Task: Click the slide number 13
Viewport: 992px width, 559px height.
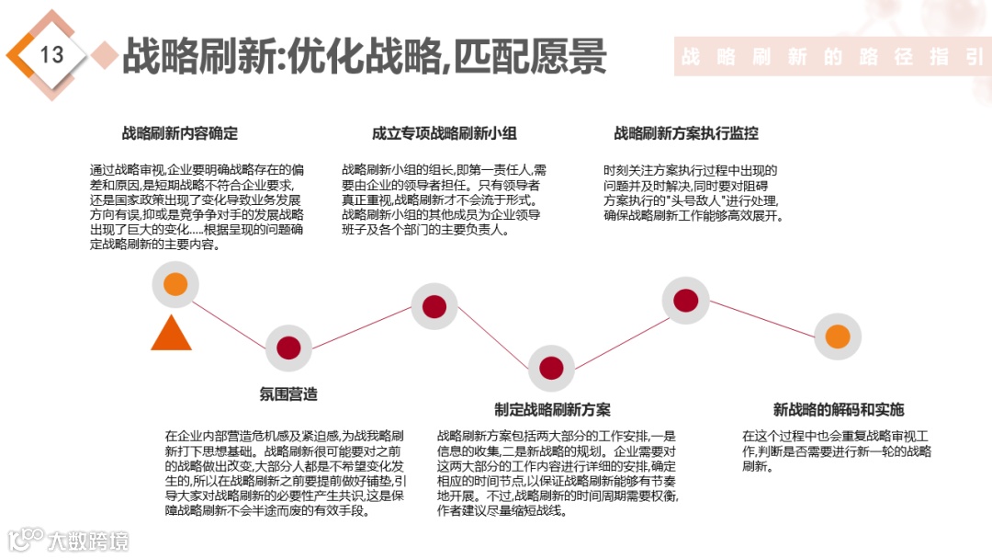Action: click(51, 54)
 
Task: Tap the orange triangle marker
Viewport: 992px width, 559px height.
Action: click(171, 335)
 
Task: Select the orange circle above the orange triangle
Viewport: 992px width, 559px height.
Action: click(175, 284)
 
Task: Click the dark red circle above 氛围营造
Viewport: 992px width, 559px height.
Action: click(288, 348)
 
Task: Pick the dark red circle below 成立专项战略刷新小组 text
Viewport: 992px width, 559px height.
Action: click(434, 306)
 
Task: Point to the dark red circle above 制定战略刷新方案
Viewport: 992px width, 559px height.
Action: click(551, 369)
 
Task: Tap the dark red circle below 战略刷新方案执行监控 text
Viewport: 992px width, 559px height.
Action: click(685, 300)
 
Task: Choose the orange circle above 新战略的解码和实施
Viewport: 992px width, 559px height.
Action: click(838, 337)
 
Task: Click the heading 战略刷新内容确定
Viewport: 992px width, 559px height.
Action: click(180, 133)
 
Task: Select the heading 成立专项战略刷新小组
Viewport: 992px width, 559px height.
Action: click(445, 133)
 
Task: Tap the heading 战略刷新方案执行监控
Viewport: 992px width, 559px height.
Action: click(686, 133)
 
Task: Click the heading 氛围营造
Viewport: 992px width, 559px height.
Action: click(288, 394)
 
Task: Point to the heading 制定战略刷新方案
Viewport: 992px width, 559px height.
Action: click(552, 409)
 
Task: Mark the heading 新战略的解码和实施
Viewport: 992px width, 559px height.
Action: click(838, 409)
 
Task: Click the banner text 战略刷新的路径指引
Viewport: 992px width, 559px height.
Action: click(833, 57)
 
